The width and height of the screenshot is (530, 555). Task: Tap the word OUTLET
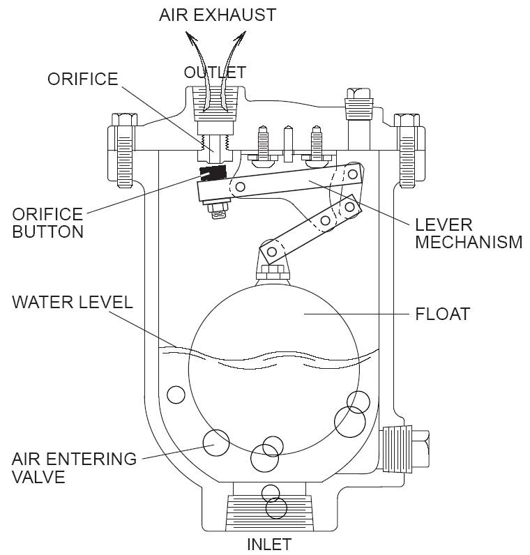(215, 72)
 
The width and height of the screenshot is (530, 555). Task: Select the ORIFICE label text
(82, 79)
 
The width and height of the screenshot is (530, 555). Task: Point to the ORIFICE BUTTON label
(47, 222)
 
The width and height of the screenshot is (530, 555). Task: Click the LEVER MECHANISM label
(468, 234)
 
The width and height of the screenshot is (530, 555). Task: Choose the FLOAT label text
(442, 314)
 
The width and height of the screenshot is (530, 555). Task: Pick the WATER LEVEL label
(72, 302)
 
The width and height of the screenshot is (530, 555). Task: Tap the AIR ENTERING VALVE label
(74, 468)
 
